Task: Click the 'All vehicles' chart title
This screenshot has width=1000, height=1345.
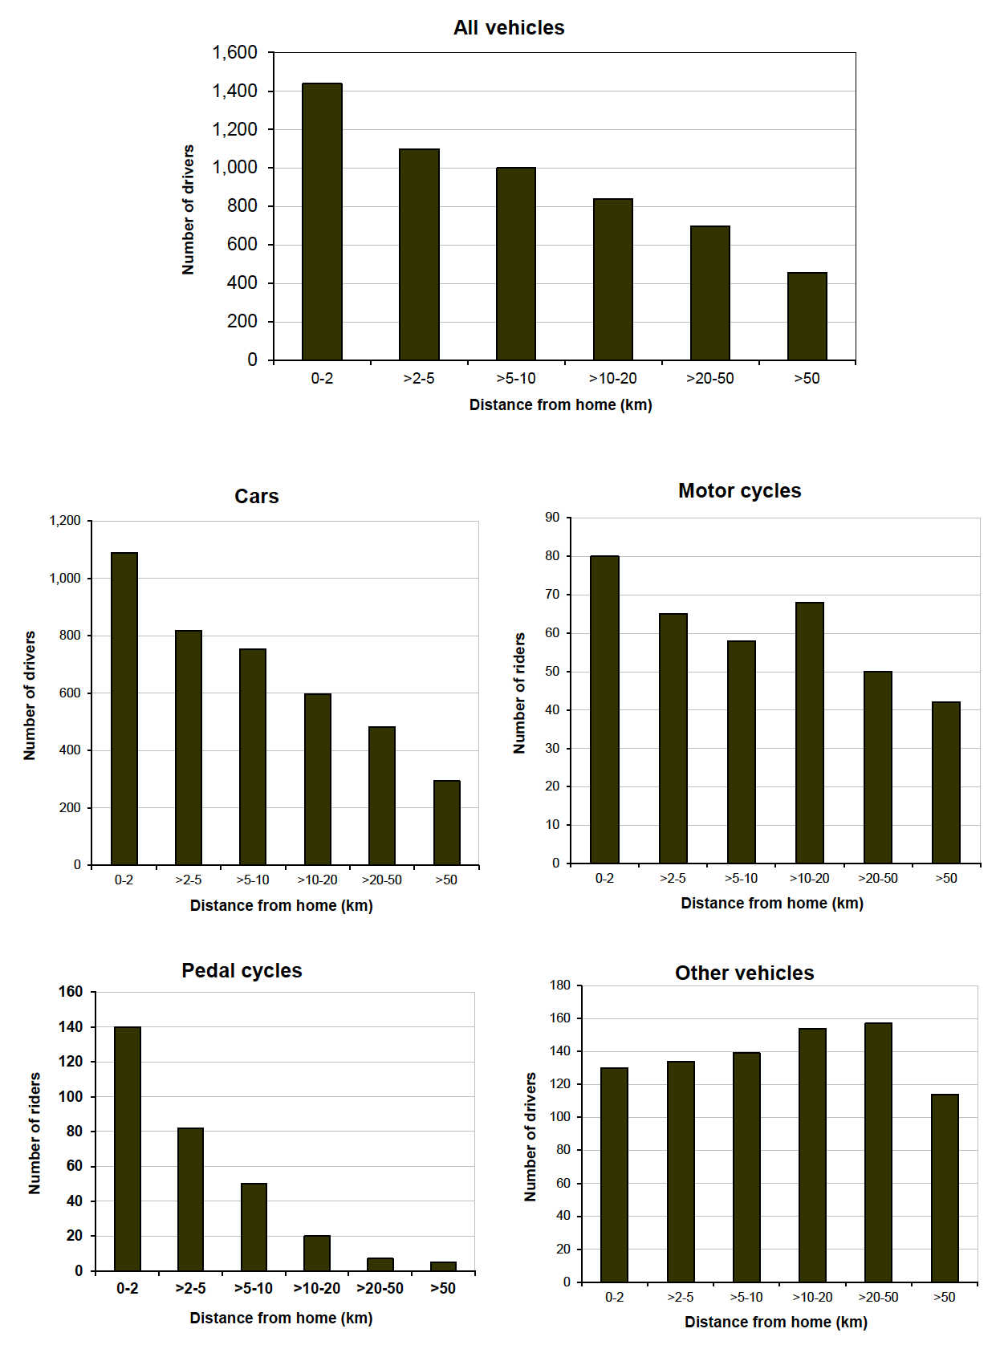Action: (x=509, y=28)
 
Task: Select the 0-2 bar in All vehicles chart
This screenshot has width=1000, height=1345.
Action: (x=322, y=221)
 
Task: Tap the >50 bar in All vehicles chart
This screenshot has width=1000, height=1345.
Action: (x=807, y=316)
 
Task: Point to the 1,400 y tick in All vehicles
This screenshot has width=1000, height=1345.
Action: (x=234, y=91)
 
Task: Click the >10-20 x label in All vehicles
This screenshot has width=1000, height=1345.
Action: (x=612, y=378)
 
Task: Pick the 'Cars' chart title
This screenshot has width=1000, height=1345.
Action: (x=256, y=496)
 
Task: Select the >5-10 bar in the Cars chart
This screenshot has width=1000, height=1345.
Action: (x=253, y=757)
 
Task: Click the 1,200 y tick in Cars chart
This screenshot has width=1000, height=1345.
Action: (x=65, y=521)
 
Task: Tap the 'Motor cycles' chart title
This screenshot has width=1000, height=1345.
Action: (x=739, y=490)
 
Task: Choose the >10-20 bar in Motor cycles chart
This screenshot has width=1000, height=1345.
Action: (x=809, y=733)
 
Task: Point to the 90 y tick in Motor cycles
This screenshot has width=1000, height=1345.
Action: (x=552, y=518)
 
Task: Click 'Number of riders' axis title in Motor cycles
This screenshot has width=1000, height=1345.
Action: (x=519, y=693)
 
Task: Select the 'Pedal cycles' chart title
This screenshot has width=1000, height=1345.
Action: (x=242, y=970)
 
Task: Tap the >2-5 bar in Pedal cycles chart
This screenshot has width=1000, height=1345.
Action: (x=190, y=1199)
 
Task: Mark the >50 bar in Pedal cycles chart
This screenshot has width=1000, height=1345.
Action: (x=443, y=1266)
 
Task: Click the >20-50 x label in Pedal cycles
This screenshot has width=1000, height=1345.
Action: (x=380, y=1288)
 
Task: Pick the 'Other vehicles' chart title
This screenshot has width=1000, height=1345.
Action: (x=744, y=973)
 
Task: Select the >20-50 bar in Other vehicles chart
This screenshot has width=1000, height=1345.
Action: (x=878, y=1152)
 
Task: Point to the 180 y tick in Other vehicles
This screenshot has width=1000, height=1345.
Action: (x=559, y=985)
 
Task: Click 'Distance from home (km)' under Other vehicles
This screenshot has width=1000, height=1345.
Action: (x=775, y=1322)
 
